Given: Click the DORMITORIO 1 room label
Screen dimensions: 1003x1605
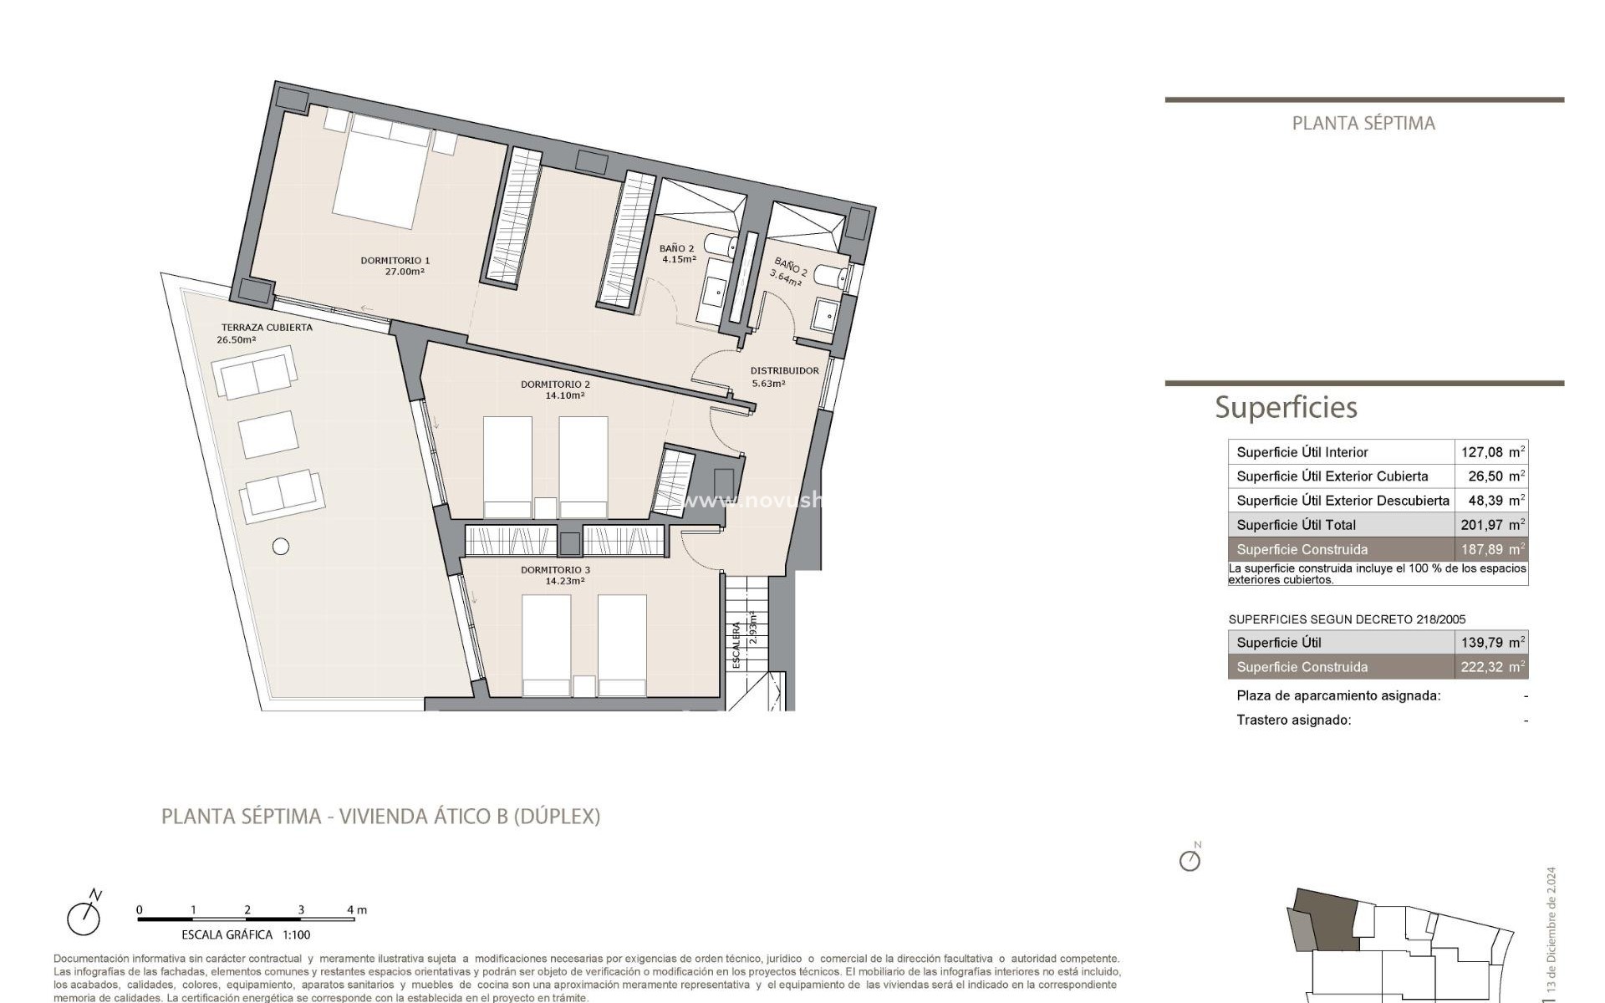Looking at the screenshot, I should pyautogui.click(x=395, y=260).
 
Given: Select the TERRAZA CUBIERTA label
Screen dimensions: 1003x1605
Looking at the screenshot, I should pyautogui.click(x=267, y=327).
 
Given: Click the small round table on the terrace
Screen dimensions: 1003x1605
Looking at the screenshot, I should pyautogui.click(x=281, y=547).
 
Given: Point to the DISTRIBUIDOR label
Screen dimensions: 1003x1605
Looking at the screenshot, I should pyautogui.click(x=784, y=370).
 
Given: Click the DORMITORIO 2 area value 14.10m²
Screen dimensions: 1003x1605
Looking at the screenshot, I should pyautogui.click(x=565, y=396).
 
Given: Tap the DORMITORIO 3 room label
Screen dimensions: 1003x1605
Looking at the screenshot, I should pyautogui.click(x=555, y=570).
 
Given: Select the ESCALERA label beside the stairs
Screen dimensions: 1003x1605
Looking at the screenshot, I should pyautogui.click(x=736, y=645).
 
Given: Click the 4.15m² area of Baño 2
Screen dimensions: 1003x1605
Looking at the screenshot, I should pyautogui.click(x=679, y=259).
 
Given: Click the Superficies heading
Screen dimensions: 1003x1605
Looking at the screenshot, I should pyautogui.click(x=1286, y=408).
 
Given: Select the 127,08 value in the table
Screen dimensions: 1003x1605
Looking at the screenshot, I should pyautogui.click(x=1482, y=452).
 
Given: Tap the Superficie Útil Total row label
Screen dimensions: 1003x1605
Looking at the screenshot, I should pyautogui.click(x=1296, y=525).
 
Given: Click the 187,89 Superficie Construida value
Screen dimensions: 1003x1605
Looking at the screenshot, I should pyautogui.click(x=1482, y=549).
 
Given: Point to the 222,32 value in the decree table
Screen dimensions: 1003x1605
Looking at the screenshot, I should pyautogui.click(x=1482, y=667).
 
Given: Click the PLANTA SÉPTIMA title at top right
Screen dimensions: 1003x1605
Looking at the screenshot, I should pyautogui.click(x=1363, y=124).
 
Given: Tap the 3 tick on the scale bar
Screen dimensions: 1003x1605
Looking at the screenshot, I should pyautogui.click(x=301, y=910).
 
